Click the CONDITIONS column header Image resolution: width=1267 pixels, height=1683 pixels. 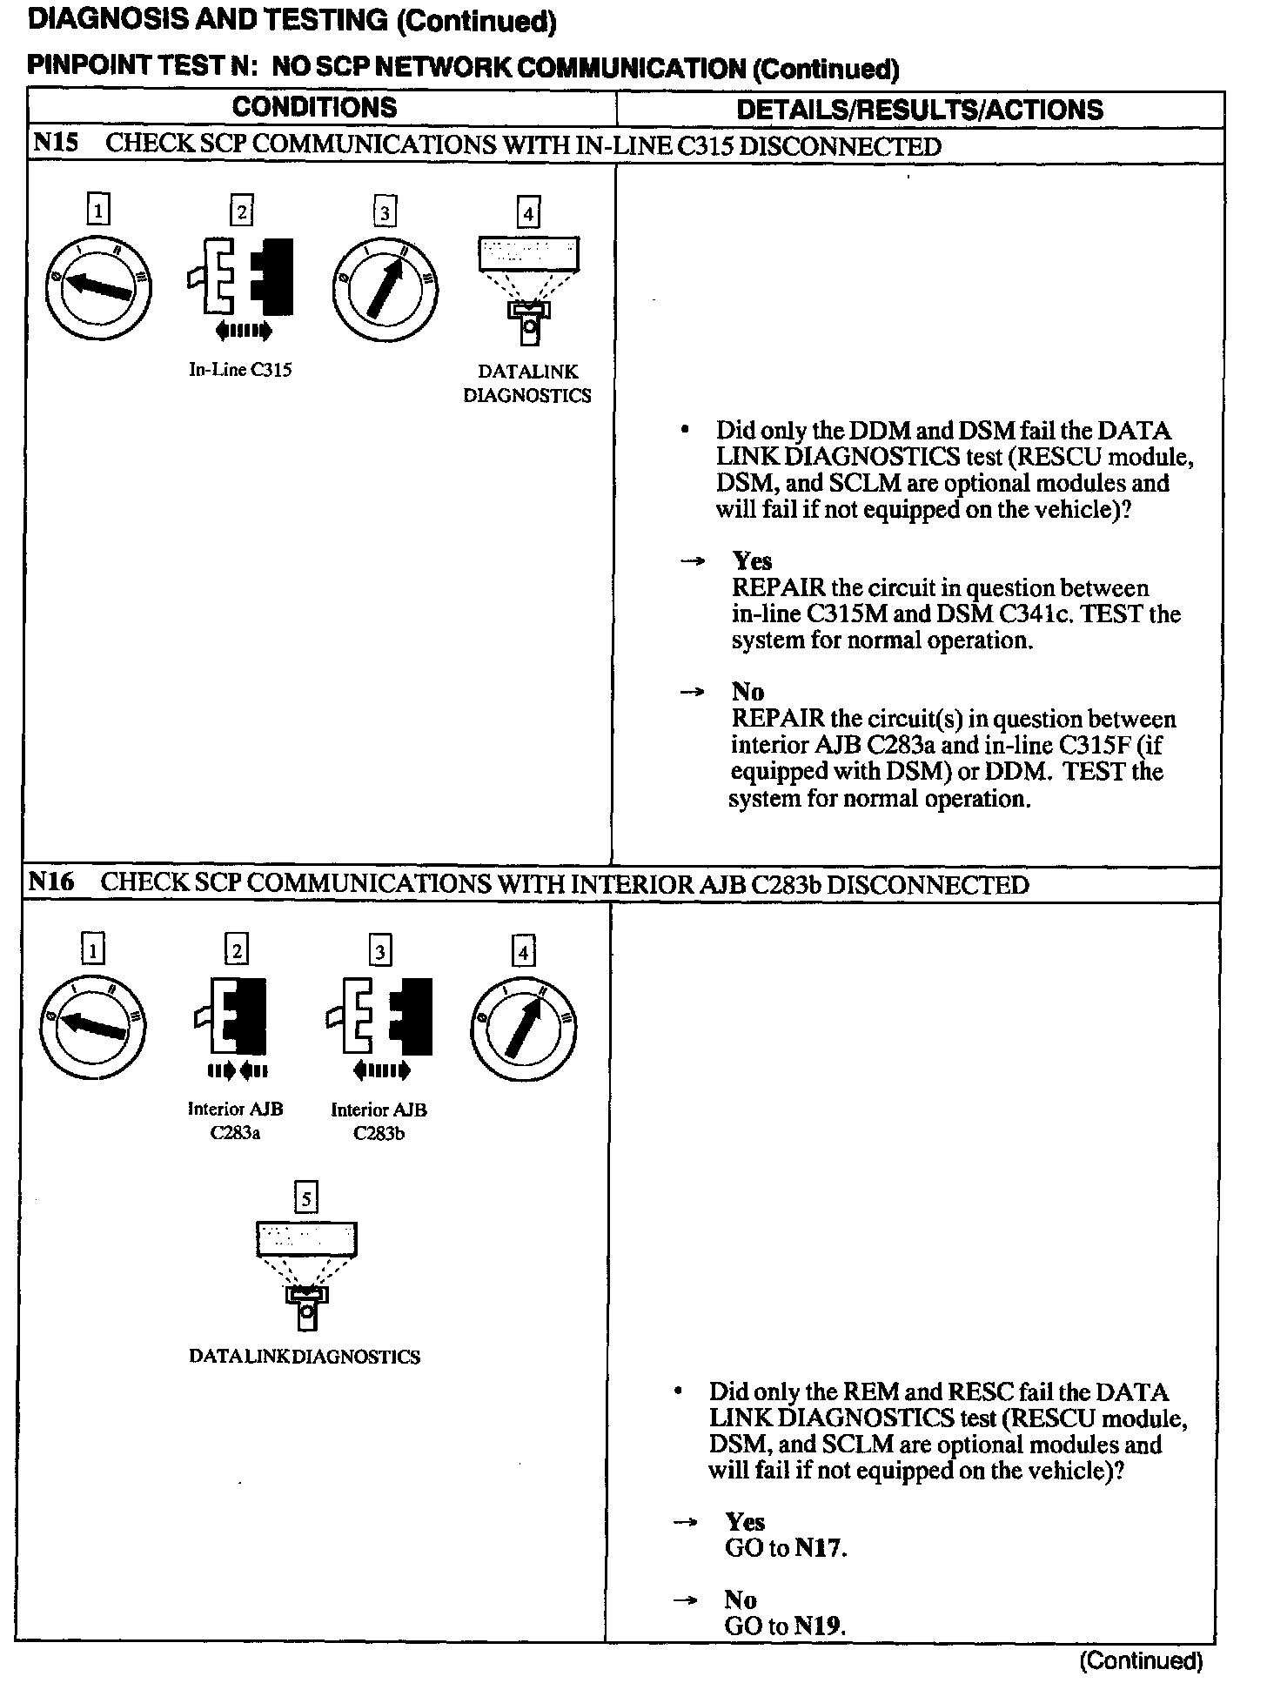tap(314, 108)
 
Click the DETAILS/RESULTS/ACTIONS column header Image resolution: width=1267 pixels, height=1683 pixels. tap(919, 110)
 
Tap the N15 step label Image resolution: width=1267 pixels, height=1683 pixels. tap(55, 144)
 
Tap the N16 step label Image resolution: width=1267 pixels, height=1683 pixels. tap(51, 882)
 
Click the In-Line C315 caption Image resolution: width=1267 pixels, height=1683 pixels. tap(240, 370)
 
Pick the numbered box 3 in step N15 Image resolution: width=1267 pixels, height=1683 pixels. tap(384, 212)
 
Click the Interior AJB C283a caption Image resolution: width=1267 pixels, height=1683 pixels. tap(235, 1121)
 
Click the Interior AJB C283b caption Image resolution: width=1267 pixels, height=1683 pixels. tap(379, 1121)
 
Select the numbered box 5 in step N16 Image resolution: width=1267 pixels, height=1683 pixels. tap(305, 1199)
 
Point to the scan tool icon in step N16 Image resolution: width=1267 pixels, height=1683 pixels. tap(306, 1275)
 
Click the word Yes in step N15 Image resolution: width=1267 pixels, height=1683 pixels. tap(752, 561)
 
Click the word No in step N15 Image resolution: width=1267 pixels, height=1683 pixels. tap(747, 692)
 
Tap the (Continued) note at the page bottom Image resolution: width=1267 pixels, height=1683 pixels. tap(1140, 1660)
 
